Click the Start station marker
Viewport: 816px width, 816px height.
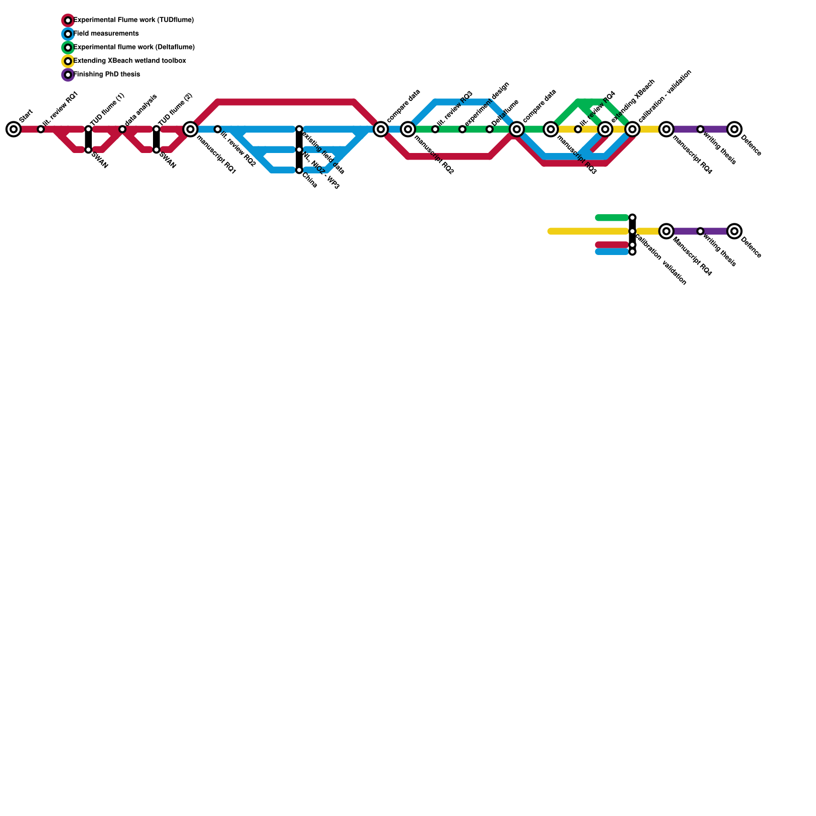14,129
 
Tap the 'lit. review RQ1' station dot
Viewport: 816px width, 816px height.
41,129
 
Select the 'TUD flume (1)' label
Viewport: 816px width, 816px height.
108,110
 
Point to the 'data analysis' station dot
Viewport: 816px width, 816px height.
122,129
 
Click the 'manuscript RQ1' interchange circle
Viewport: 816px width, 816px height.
190,129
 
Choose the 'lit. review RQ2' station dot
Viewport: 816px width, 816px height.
218,129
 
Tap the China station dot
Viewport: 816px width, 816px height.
299,170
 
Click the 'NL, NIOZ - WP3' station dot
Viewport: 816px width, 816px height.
299,149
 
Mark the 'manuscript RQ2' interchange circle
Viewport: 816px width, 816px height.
408,129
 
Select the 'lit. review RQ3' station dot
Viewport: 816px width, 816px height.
435,129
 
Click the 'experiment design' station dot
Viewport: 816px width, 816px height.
463,129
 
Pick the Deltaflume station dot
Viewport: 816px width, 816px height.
490,129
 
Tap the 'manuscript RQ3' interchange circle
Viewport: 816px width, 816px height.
551,129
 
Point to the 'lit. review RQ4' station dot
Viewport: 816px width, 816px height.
578,129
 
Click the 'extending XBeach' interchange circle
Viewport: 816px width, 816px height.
605,129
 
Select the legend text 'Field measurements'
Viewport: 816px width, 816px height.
106,34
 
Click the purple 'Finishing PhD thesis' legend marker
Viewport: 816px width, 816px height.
68,75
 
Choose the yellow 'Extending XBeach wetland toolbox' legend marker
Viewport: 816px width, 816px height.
68,61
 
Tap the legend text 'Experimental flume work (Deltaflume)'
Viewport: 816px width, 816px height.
134,47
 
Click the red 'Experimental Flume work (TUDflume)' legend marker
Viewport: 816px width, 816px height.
68,20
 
